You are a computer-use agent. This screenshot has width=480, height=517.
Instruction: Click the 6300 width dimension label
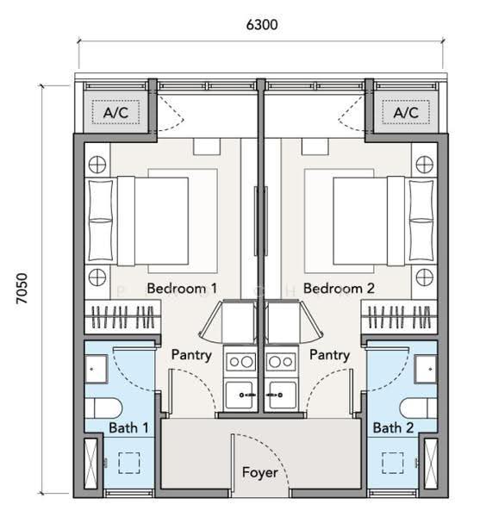[262, 25]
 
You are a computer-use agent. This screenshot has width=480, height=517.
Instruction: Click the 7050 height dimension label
[22, 289]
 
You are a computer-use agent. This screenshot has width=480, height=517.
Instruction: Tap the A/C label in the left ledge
[115, 113]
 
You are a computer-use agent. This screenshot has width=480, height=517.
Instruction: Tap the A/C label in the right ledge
[406, 113]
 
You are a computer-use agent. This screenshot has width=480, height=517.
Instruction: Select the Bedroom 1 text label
[182, 289]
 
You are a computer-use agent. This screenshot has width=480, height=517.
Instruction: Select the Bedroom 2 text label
[339, 289]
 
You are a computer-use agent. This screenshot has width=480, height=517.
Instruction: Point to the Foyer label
[259, 472]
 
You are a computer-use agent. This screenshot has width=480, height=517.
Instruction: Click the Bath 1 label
[128, 428]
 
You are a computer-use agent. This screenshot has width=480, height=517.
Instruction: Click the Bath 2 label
[393, 428]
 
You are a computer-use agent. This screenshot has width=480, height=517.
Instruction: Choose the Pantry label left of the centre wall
[191, 355]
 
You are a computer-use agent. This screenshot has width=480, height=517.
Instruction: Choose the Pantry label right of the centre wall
[330, 355]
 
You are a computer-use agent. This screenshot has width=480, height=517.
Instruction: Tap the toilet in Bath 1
[103, 408]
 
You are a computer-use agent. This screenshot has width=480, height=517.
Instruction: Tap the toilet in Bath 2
[419, 408]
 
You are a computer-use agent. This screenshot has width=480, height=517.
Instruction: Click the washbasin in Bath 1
[97, 369]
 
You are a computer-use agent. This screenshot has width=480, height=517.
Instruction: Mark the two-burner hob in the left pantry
[241, 362]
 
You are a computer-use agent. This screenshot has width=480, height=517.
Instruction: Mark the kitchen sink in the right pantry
[281, 395]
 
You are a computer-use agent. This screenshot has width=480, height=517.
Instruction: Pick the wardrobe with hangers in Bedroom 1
[122, 317]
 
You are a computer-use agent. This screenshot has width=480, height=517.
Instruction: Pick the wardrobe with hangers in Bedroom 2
[399, 317]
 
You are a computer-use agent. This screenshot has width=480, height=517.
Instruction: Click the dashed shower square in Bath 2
[393, 463]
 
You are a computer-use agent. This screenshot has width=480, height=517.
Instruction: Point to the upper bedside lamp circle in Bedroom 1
[97, 165]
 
